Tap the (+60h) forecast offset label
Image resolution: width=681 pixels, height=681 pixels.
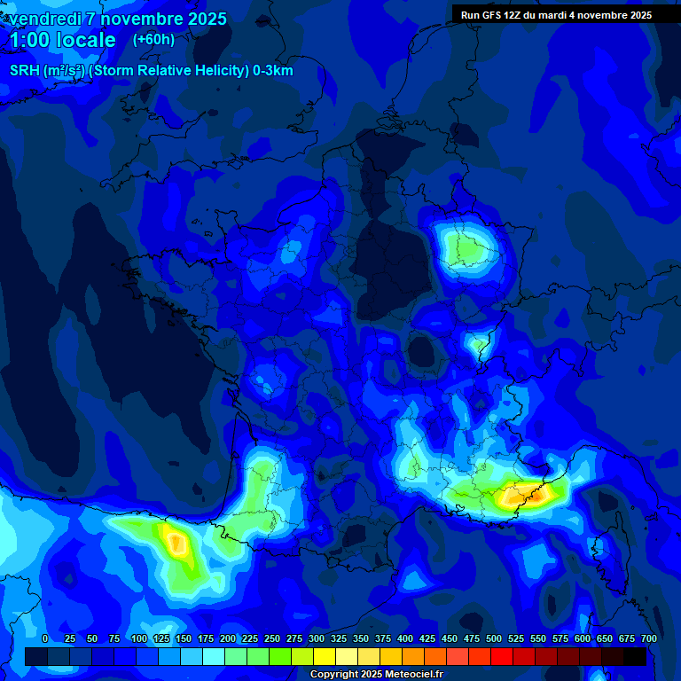153,39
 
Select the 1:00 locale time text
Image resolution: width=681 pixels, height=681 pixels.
62,40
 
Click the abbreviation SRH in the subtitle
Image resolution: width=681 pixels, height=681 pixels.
25,71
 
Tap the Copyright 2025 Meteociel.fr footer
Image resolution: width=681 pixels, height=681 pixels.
376,674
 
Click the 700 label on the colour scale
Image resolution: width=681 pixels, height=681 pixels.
648,638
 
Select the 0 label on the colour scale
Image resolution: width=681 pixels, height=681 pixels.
45,638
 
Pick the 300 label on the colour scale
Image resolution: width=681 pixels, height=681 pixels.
317,638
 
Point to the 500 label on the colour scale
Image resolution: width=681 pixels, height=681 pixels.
494,638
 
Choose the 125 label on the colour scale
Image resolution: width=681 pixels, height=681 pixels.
161,638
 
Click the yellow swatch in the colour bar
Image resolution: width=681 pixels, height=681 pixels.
325,657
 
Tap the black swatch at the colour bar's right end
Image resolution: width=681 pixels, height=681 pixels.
635,657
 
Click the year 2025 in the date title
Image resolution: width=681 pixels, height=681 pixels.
205,19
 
